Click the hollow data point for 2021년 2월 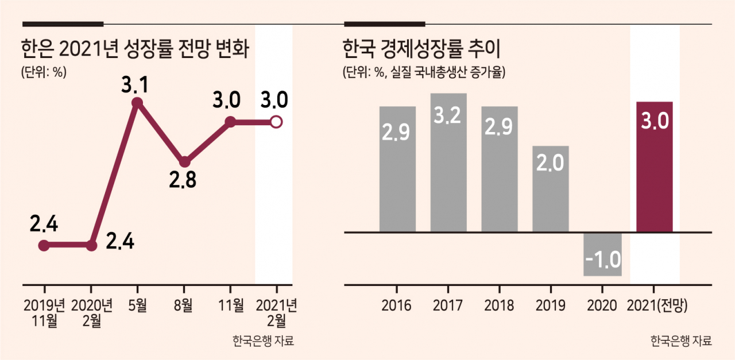coord(276,122)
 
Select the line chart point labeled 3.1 coord(137,103)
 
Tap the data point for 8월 coord(185,161)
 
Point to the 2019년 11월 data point coord(44,245)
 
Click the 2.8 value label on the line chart coord(183,180)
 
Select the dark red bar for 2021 coord(654,167)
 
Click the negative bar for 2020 coord(602,254)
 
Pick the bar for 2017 coord(448,162)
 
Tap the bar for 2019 coord(551,189)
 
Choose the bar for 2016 coord(397,169)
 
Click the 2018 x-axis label coord(499,305)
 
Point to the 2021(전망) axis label coord(657,306)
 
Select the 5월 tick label coord(137,305)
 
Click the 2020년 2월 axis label coord(91,313)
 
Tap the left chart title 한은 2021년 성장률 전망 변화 coord(135,49)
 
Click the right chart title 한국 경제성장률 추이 coord(421,49)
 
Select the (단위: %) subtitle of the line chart coord(44,72)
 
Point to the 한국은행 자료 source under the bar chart coord(681,340)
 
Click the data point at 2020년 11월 coord(231,122)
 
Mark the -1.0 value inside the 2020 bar coord(603,260)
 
